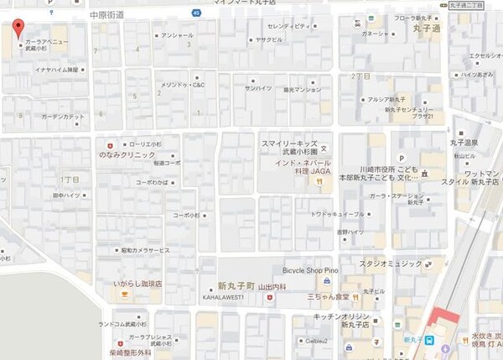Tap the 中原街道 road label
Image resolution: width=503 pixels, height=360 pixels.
click(x=107, y=15)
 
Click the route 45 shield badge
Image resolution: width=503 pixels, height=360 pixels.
click(x=195, y=13)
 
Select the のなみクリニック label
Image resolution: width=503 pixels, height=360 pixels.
click(x=127, y=155)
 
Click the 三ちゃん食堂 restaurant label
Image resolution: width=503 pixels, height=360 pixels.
click(x=328, y=297)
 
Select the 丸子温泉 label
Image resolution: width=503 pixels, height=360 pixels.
click(x=467, y=143)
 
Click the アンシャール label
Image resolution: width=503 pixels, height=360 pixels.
click(x=177, y=35)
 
